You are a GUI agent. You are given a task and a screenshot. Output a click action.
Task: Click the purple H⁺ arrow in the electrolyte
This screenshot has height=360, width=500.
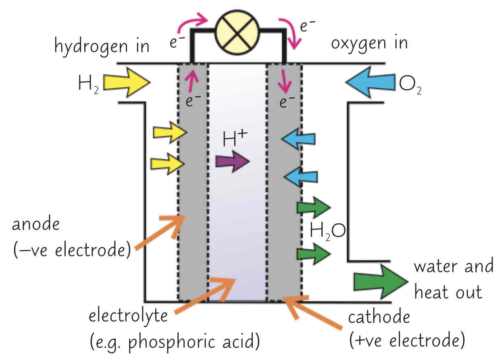coord(233,162)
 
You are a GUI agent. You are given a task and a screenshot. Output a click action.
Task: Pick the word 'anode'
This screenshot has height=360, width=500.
coord(35,225)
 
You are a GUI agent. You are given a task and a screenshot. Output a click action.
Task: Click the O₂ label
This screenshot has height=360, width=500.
coord(410,84)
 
